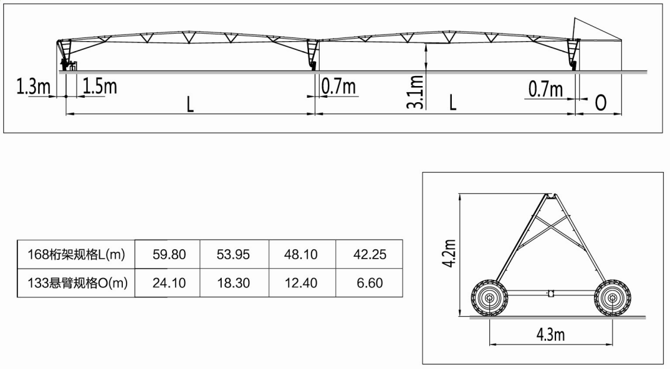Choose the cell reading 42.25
click(370, 254)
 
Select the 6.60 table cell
click(370, 283)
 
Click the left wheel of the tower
click(489, 299)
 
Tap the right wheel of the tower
click(612, 299)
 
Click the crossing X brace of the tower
click(550, 229)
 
